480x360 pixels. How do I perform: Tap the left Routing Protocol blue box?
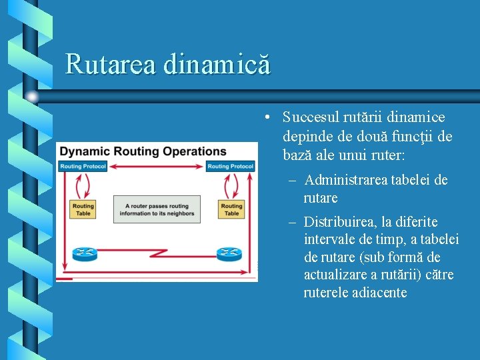[83, 166]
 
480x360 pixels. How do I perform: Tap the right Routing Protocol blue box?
[231, 166]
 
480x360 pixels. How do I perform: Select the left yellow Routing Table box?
[83, 209]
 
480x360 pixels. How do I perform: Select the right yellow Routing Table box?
[231, 209]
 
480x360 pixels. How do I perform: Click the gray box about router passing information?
[157, 209]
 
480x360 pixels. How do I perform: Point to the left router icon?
[84, 253]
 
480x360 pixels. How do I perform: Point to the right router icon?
[229, 253]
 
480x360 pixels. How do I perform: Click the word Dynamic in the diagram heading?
[84, 151]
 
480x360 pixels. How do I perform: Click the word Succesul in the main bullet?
[311, 118]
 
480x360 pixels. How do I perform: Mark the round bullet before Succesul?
[266, 119]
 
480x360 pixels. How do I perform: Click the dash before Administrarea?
[293, 181]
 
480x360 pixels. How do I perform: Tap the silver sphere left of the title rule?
[31, 97]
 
